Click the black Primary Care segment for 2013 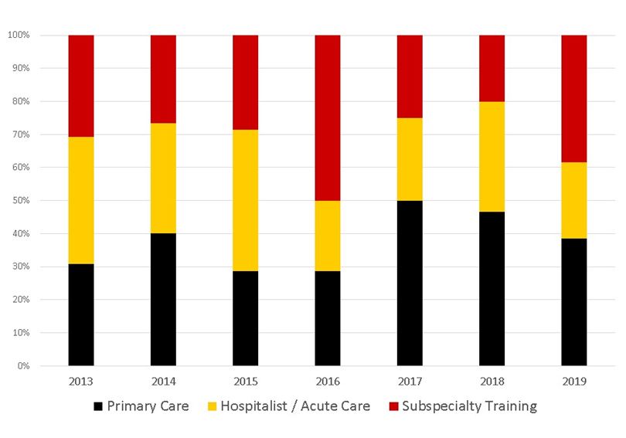click(x=81, y=314)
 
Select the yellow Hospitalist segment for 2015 click(x=245, y=200)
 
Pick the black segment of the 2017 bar click(x=410, y=283)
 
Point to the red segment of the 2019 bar click(x=573, y=98)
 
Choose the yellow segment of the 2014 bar click(x=163, y=178)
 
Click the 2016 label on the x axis click(x=328, y=381)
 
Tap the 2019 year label click(x=573, y=381)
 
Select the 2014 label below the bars click(x=163, y=381)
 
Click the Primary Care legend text click(x=148, y=406)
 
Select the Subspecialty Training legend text click(x=469, y=406)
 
